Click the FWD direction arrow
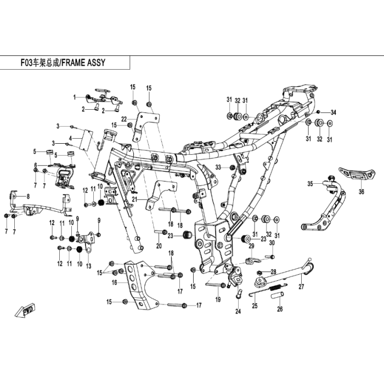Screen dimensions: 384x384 pyautogui.click(x=25, y=310)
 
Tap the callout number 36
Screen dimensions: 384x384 pyautogui.click(x=362, y=191)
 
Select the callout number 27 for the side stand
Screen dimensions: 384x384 pyautogui.click(x=301, y=286)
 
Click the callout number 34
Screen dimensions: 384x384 pyautogui.click(x=334, y=112)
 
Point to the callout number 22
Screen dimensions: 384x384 pyautogui.click(x=124, y=119)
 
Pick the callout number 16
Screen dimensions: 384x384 pyautogui.click(x=114, y=283)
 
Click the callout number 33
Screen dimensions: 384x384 pyautogui.click(x=218, y=167)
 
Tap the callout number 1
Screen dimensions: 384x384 pyautogui.click(x=75, y=98)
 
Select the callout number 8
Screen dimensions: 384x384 pyautogui.click(x=28, y=196)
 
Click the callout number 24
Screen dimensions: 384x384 pyautogui.click(x=238, y=311)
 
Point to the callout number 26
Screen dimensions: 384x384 pyautogui.click(x=280, y=309)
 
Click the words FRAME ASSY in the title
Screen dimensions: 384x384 pyautogui.click(x=83, y=63)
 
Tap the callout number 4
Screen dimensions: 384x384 pyautogui.click(x=71, y=139)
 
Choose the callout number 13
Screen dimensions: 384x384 pyautogui.click(x=88, y=266)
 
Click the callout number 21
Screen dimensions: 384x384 pyautogui.click(x=134, y=200)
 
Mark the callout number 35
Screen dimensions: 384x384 pyautogui.click(x=310, y=183)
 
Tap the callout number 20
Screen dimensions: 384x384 pyautogui.click(x=159, y=246)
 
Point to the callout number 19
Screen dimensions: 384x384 pyautogui.click(x=218, y=300)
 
